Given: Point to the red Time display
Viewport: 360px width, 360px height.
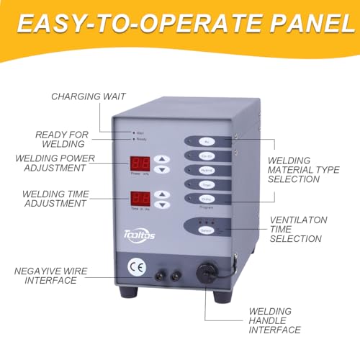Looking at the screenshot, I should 140,197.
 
